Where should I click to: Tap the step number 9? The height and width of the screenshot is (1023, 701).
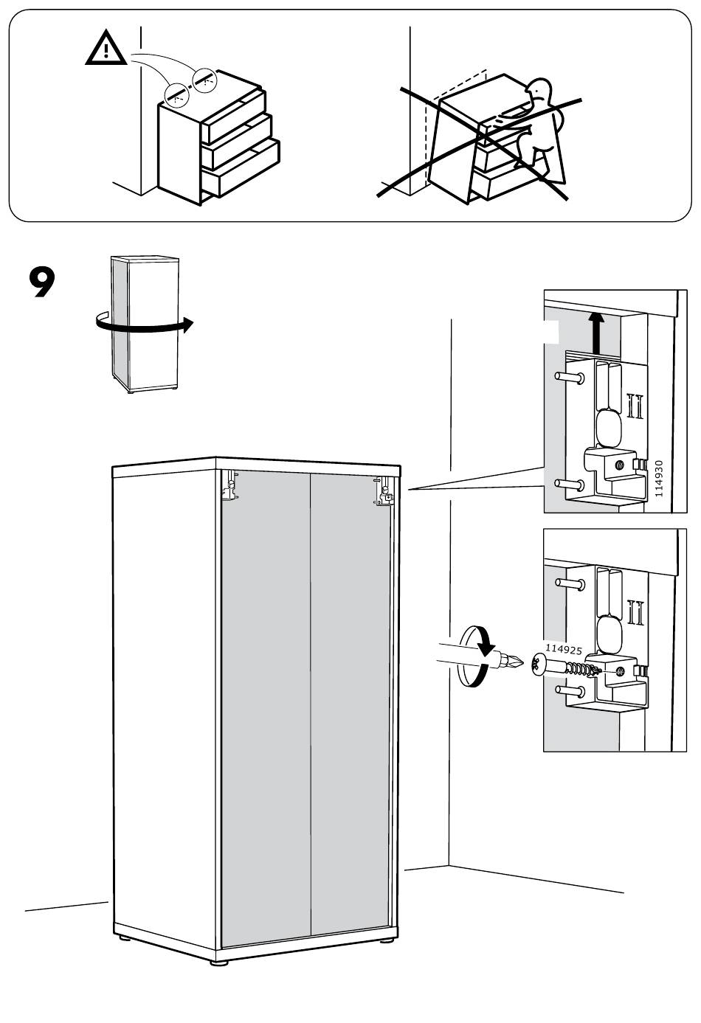pyautogui.click(x=41, y=282)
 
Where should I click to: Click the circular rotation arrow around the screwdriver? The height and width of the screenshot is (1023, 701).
pyautogui.click(x=473, y=656)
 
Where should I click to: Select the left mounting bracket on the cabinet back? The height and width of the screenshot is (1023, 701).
pyautogui.click(x=231, y=486)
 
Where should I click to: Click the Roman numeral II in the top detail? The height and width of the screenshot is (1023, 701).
pyautogui.click(x=633, y=406)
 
